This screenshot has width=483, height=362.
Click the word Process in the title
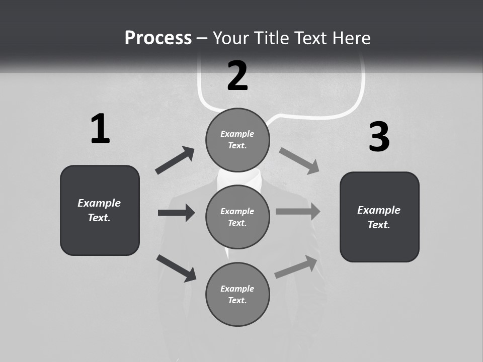click(158, 38)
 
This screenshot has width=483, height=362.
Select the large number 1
click(100, 129)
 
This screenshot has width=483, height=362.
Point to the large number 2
click(237, 76)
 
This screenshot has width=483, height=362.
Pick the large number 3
click(379, 137)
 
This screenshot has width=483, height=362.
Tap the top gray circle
click(237, 140)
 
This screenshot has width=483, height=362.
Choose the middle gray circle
click(237, 217)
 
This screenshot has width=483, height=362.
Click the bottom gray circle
click(237, 295)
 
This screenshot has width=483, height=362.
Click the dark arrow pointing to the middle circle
click(176, 213)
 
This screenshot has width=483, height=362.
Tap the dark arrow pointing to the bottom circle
click(176, 267)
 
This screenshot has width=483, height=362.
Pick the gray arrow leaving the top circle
click(299, 160)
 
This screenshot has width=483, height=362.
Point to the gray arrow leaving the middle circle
click(298, 212)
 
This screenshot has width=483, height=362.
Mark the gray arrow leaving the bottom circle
click(296, 267)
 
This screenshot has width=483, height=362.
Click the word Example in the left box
click(99, 203)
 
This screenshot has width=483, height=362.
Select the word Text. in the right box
click(379, 225)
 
